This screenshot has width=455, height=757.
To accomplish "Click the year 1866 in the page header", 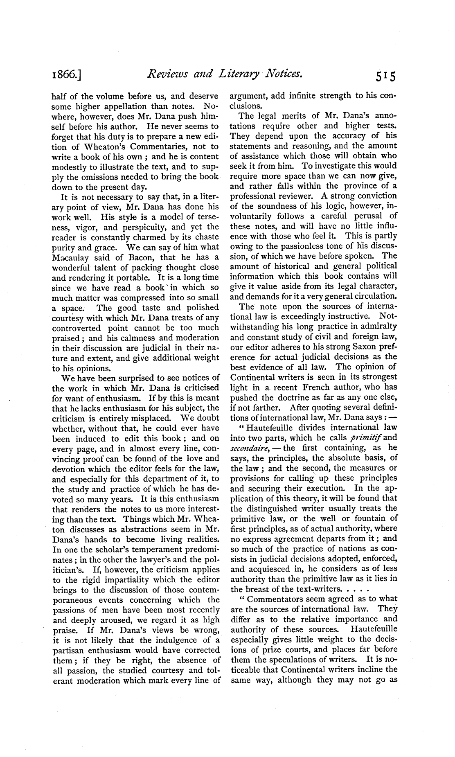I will pos(66,75).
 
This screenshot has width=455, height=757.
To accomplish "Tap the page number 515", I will pos(385,76).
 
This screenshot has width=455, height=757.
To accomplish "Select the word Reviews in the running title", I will pos(167,74).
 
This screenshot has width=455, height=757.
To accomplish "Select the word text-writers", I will pos(315,589).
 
